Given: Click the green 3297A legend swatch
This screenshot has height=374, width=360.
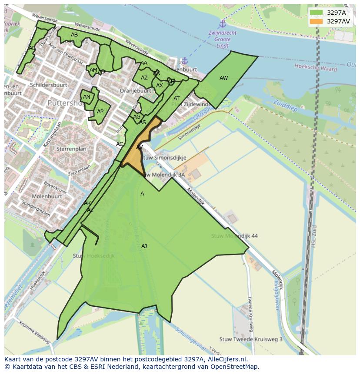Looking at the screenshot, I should click(x=317, y=13).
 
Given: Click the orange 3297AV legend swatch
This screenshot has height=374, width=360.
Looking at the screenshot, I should click(x=317, y=21).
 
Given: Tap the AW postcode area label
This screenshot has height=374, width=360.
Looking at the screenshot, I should click(x=223, y=78).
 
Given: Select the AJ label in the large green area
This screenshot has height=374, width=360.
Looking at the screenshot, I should click(x=144, y=246).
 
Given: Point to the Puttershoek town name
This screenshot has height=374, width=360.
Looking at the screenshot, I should click(x=65, y=103).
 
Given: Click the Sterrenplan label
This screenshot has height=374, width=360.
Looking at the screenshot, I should click(x=71, y=149).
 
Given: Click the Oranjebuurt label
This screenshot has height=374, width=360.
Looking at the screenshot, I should click(x=135, y=91).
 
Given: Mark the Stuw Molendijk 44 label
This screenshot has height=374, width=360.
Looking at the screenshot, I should click(x=234, y=236).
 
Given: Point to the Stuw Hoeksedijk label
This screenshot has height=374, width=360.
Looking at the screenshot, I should click(x=94, y=256).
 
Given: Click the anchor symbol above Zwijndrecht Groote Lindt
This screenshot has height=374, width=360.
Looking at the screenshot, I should click(x=223, y=23).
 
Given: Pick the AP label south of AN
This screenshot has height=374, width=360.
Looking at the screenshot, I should click(x=100, y=112).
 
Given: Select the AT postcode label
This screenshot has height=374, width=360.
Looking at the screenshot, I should click(x=177, y=99).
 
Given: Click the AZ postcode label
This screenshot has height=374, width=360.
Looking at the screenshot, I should click(x=144, y=78).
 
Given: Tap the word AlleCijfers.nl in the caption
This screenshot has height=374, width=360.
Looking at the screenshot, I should click(x=226, y=359).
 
